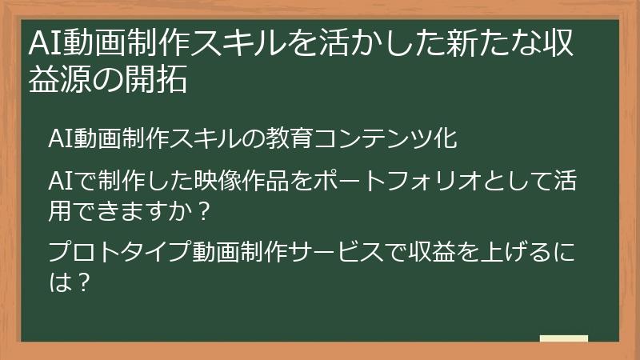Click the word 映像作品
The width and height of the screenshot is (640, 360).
coord(241,181)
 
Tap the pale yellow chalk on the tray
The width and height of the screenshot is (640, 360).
coord(564,338)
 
